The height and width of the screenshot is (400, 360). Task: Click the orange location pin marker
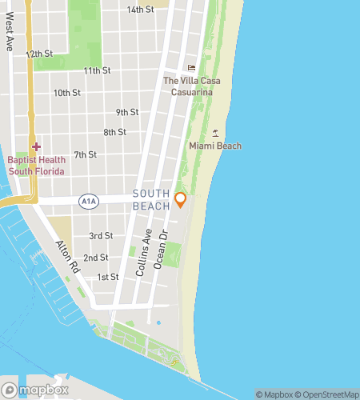[181, 199]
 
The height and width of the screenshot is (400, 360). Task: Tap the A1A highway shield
[89, 202]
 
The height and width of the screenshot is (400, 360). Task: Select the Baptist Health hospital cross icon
[36, 147]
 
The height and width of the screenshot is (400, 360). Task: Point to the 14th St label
[141, 10]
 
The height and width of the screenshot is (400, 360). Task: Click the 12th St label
[39, 54]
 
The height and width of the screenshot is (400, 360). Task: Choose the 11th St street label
[97, 71]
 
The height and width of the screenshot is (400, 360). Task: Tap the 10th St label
[67, 93]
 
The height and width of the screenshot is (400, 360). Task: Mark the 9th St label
[127, 112]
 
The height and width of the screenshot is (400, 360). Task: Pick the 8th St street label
[114, 132]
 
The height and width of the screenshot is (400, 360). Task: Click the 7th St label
[85, 154]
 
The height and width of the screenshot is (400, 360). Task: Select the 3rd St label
[101, 236]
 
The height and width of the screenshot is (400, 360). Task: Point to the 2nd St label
[96, 258]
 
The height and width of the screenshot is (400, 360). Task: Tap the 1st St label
[107, 277]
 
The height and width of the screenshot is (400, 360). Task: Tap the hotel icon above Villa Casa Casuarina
[190, 67]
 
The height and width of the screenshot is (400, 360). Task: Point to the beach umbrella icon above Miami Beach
[214, 132]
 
